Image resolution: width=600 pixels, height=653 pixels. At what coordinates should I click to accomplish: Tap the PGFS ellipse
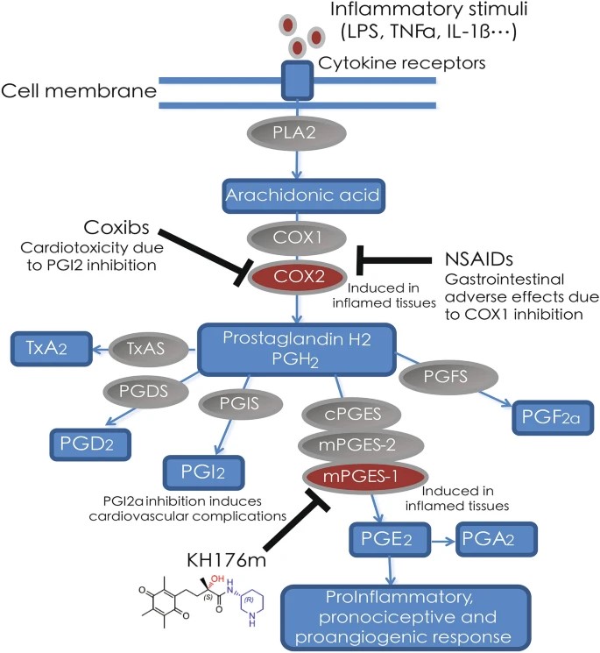437,379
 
